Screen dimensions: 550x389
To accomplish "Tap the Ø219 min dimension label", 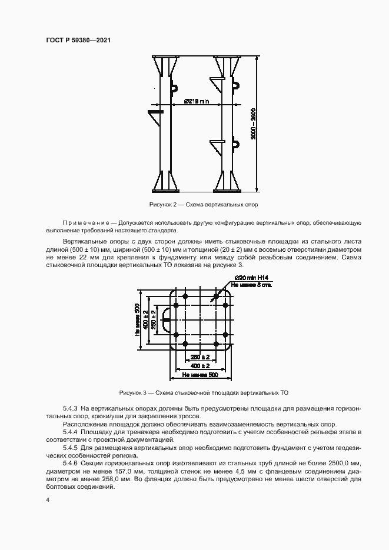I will pyautogui.click(x=196, y=101).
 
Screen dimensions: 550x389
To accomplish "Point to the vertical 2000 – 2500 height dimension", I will pyautogui.click(x=252, y=124).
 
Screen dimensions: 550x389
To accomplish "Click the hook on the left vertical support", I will pyautogui.click(x=174, y=88).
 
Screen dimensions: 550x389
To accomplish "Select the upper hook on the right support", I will pyautogui.click(x=235, y=86).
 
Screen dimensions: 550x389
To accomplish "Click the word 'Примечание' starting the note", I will pyautogui.click(x=88, y=224).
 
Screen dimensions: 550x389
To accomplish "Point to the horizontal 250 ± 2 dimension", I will pyautogui.click(x=200, y=358).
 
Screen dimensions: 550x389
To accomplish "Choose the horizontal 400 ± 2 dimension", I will pyautogui.click(x=200, y=366).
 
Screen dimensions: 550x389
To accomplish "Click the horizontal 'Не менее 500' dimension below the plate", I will pyautogui.click(x=200, y=375).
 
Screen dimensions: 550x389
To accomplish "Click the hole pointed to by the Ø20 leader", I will pyautogui.click(x=216, y=297).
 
